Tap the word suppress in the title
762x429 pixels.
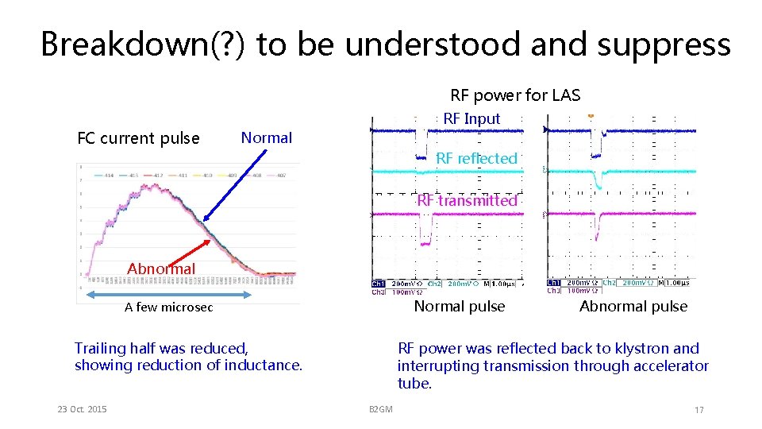tap(671, 44)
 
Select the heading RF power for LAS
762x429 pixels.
tap(515, 96)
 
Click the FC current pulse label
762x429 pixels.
tap(138, 138)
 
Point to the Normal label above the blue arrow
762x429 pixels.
tap(267, 137)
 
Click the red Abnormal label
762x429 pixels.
tap(161, 269)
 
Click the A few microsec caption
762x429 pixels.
tap(168, 307)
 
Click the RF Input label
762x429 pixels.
tap(471, 118)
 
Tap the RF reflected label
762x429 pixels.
tap(476, 159)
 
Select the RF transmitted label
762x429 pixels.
tap(468, 200)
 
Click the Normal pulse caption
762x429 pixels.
tap(460, 307)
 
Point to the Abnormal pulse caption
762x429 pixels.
tap(633, 307)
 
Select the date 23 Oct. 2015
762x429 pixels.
tap(83, 409)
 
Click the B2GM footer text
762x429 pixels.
tap(380, 409)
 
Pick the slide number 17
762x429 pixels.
tap(698, 410)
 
